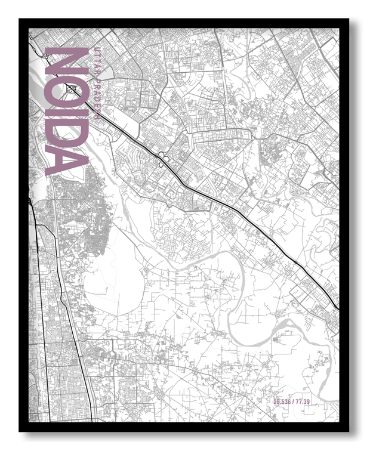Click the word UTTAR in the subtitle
tap(94, 55)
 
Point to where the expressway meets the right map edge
tap(338, 308)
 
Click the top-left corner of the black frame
tap(20, 20)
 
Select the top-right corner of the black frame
tap(349, 20)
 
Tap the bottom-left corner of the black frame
tap(20, 431)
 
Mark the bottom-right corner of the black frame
tap(349, 431)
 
